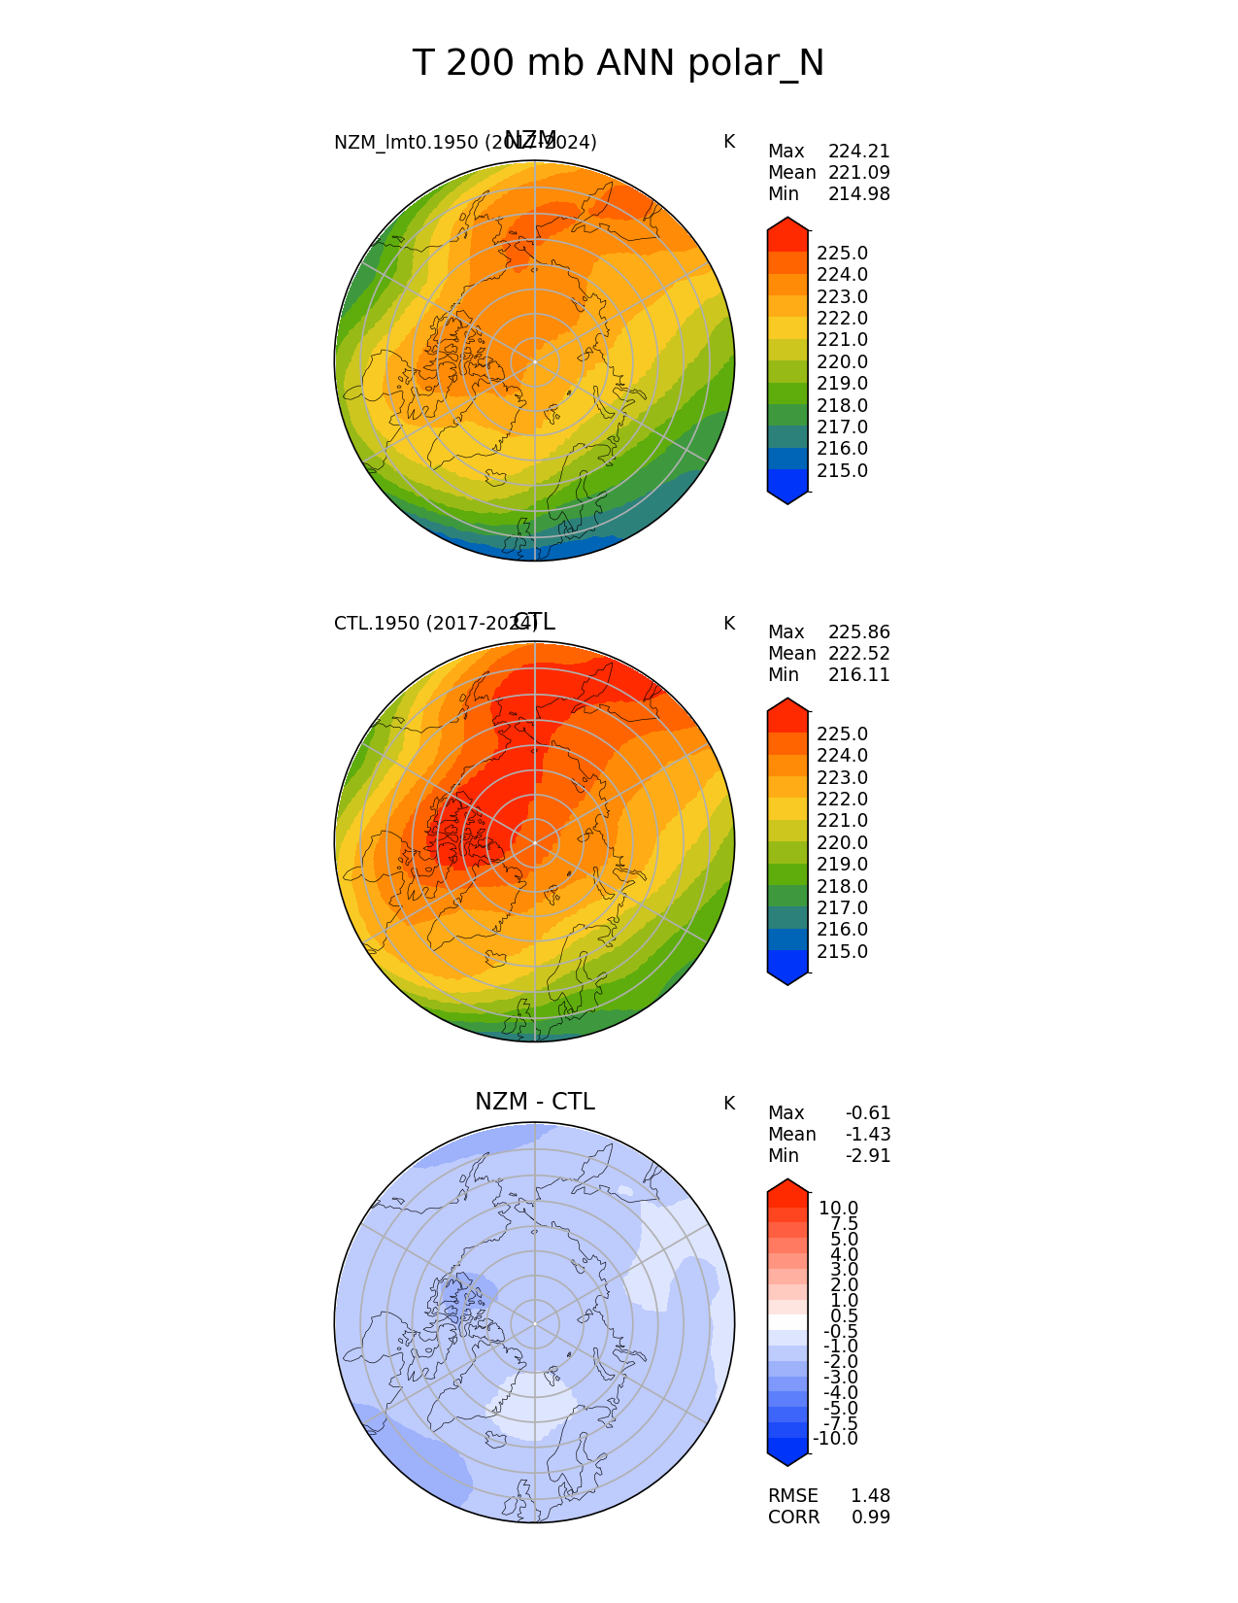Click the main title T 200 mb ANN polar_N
coord(618,64)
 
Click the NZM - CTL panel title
coord(534,1102)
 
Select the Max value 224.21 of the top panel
coord(858,152)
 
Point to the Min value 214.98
coord(858,194)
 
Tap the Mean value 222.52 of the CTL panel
coord(858,654)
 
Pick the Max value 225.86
coord(858,632)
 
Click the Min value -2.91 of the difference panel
coord(867,1156)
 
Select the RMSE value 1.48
coord(870,1496)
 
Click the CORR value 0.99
coord(870,1518)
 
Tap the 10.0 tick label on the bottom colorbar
coord(838,1209)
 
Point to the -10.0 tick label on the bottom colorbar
coord(835,1439)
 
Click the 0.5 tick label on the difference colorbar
coord(844,1316)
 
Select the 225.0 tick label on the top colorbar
coord(842,254)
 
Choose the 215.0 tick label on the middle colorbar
coord(842,952)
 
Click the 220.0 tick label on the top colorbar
coord(842,362)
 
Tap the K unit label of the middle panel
coord(728,624)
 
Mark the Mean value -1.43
coord(867,1135)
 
